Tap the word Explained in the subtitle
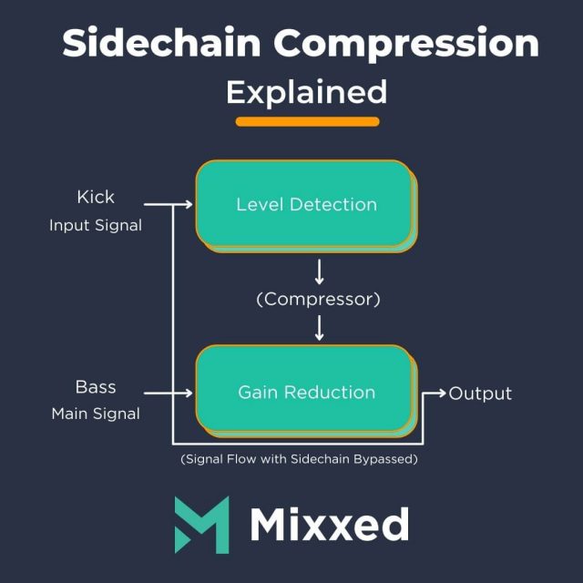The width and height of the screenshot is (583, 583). (306, 92)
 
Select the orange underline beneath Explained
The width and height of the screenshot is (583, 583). (307, 121)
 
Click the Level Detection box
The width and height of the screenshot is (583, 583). (305, 204)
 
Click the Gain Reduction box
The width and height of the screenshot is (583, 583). (305, 392)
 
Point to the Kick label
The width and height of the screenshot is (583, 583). (96, 196)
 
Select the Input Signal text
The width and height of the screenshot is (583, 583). (96, 225)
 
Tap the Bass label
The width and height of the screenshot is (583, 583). (96, 386)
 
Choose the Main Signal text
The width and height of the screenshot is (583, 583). (96, 414)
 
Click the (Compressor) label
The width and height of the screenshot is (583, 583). (317, 298)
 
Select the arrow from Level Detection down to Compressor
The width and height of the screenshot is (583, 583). (318, 271)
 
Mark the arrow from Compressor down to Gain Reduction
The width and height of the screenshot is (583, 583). (318, 326)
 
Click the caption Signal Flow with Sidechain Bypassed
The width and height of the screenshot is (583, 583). (299, 459)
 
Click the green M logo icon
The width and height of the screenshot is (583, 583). (202, 525)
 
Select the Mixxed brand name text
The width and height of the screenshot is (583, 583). (329, 525)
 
